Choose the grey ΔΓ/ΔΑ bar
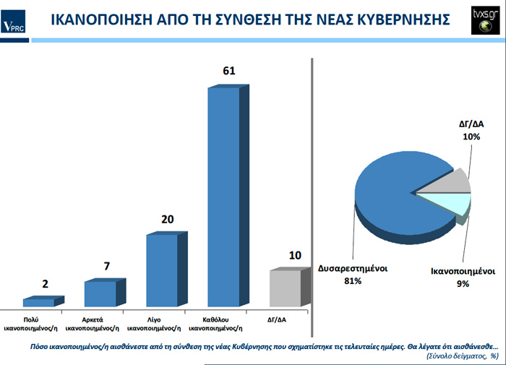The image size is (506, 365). tap(285, 288)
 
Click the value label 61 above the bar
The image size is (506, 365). tap(229, 72)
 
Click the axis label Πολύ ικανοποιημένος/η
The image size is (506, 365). tap(40, 322)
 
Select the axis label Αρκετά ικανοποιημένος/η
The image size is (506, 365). tap(100, 322)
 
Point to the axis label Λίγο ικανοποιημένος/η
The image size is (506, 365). tap(162, 322)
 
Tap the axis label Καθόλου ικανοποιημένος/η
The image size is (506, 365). tap(223, 322)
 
